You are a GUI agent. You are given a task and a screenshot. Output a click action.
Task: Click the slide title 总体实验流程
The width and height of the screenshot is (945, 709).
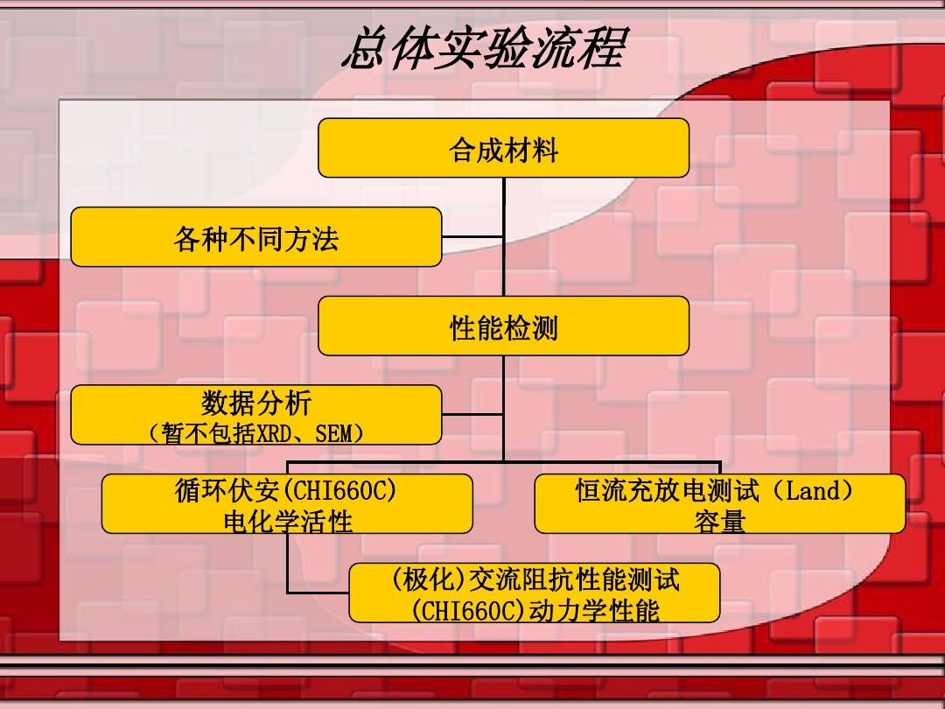click(x=486, y=47)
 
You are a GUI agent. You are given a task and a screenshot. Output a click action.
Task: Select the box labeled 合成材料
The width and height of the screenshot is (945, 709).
click(x=503, y=148)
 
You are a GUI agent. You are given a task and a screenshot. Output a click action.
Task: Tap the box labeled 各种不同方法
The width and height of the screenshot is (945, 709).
click(x=256, y=237)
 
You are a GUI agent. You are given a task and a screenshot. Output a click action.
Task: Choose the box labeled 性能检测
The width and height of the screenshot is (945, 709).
click(x=503, y=326)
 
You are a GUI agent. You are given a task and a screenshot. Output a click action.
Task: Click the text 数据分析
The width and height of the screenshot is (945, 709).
click(x=256, y=402)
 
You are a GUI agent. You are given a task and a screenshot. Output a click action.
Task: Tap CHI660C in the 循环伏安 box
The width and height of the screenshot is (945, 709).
click(x=339, y=491)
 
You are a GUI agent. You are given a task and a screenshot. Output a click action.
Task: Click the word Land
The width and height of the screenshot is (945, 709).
click(x=813, y=491)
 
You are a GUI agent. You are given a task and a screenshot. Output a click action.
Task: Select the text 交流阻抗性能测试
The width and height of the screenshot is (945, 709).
click(x=574, y=580)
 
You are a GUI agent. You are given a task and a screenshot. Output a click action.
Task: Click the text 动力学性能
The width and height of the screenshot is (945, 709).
click(x=593, y=611)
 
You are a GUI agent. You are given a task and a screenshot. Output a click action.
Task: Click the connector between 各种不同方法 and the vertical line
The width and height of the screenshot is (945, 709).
click(x=472, y=237)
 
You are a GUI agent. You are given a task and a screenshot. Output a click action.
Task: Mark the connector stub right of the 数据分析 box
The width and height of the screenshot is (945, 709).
click(x=472, y=415)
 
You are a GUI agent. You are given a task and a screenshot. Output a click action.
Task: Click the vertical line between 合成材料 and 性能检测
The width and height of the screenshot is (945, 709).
click(x=504, y=236)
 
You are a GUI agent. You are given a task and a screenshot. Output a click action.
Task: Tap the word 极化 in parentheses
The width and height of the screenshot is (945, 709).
click(x=428, y=580)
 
